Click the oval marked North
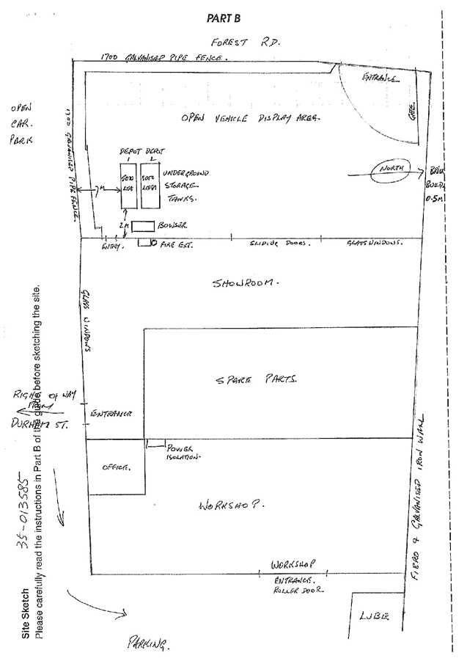pos(393,172)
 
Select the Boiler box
pos(143,226)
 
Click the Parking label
pos(149,644)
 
